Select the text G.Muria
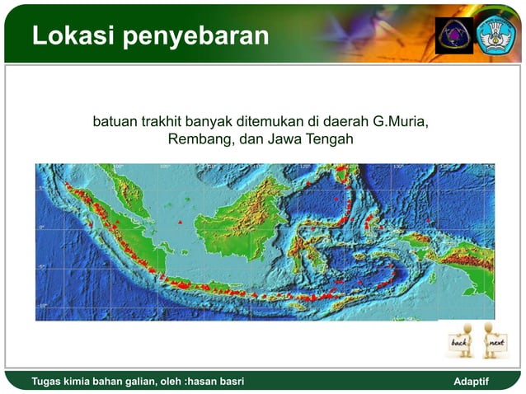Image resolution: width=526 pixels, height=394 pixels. click(402, 123)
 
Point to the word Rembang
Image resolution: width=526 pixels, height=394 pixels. click(200, 140)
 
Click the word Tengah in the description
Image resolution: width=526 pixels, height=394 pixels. click(330, 140)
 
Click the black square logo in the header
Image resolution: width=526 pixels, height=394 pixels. click(454, 35)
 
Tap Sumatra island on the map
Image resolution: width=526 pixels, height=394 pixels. click(107, 223)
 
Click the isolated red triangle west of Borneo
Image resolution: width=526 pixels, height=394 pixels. click(179, 223)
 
